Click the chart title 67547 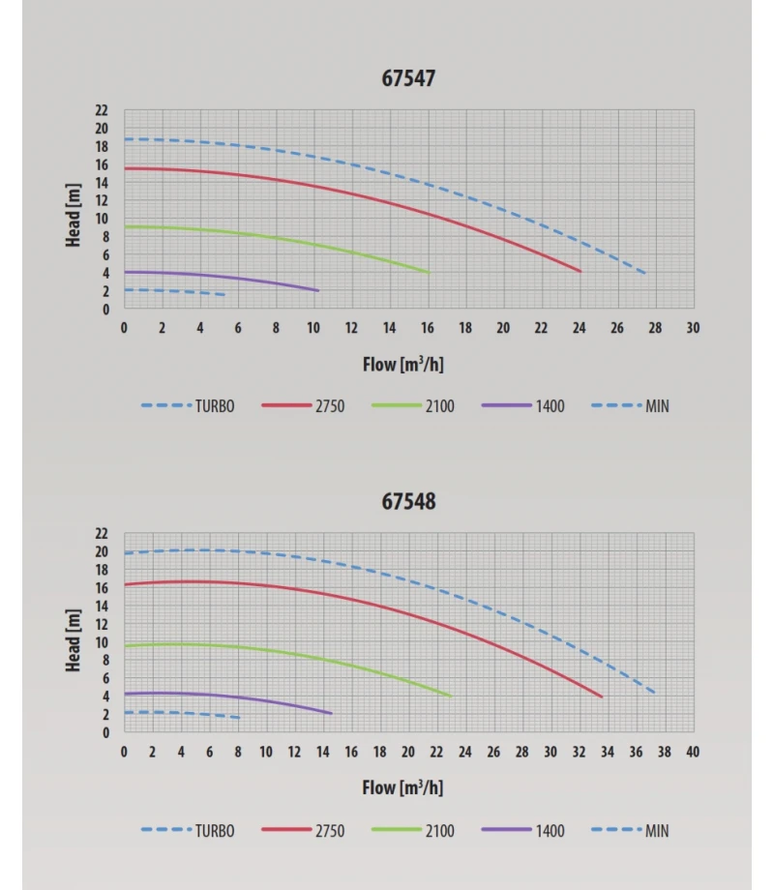[409, 78]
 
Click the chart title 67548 [409, 501]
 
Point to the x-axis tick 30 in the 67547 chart [693, 328]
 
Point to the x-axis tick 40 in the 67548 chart [693, 752]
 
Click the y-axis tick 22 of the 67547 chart [102, 111]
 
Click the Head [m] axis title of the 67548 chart [74, 640]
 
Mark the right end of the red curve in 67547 [580, 272]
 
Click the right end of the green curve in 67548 [451, 696]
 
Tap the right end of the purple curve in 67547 [318, 290]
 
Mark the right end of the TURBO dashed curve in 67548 [655, 693]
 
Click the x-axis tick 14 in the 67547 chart [389, 328]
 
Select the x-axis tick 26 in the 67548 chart [493, 752]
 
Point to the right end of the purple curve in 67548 [331, 713]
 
